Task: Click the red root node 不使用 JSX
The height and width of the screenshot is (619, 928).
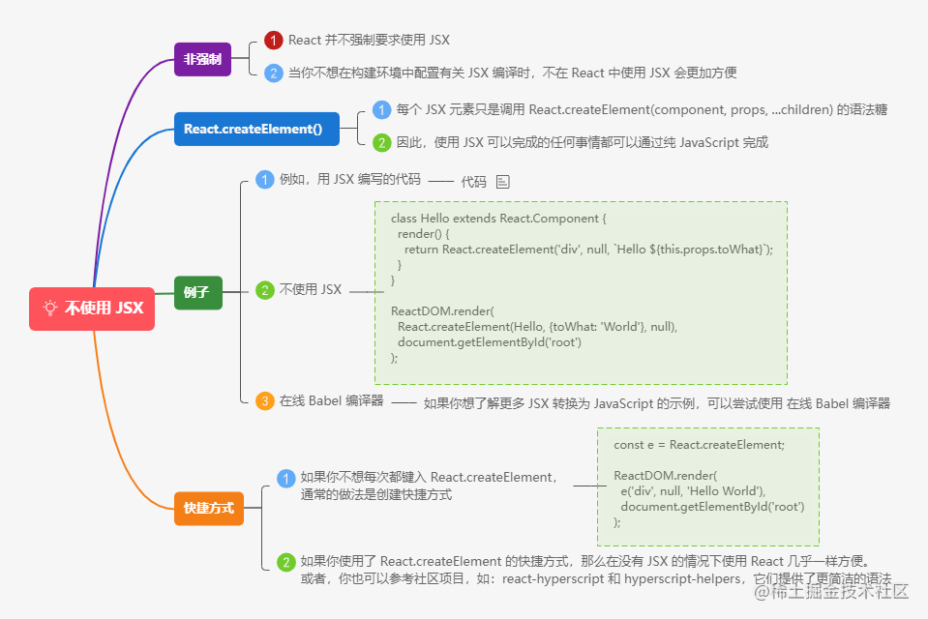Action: [x=92, y=309]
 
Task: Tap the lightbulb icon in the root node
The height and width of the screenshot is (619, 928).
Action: [x=50, y=309]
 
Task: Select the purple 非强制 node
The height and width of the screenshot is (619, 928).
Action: [x=202, y=59]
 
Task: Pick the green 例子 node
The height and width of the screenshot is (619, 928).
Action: [x=197, y=291]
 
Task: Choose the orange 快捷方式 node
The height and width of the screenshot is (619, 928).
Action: [x=208, y=507]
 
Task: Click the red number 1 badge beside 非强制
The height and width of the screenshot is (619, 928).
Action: [x=274, y=41]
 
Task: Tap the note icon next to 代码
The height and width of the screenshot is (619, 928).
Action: [x=502, y=181]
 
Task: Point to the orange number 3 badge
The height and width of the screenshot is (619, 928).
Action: [x=264, y=400]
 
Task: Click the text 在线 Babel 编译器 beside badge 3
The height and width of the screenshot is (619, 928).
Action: [x=331, y=400]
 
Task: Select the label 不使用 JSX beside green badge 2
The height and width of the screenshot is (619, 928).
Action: [x=311, y=290]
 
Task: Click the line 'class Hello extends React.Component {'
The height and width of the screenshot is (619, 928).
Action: [x=498, y=219]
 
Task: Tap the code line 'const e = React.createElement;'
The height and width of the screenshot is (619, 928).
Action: [x=699, y=445]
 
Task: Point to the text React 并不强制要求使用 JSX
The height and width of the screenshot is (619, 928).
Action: [x=369, y=41]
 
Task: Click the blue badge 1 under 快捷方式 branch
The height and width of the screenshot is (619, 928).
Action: [x=286, y=478]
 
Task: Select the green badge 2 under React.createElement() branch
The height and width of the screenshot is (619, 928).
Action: [x=382, y=142]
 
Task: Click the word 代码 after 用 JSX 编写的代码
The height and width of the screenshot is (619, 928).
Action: [x=473, y=181]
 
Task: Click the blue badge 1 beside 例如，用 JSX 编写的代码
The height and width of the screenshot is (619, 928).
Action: [x=264, y=179]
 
